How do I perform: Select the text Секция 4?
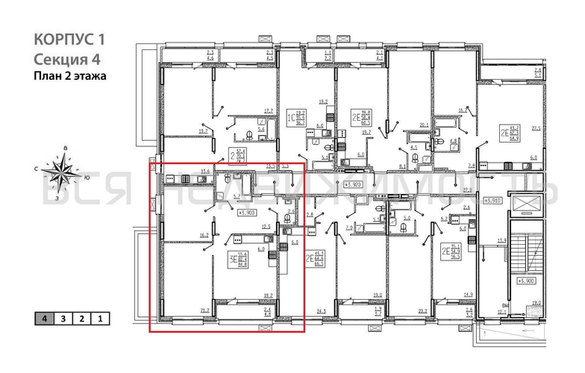pyautogui.click(x=66, y=59)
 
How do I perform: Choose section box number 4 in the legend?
pyautogui.click(x=46, y=319)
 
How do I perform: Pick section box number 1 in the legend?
pyautogui.click(x=99, y=319)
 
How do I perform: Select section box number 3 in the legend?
pyautogui.click(x=63, y=319)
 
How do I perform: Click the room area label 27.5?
pyautogui.click(x=534, y=128)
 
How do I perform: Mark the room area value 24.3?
pyautogui.click(x=322, y=310)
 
